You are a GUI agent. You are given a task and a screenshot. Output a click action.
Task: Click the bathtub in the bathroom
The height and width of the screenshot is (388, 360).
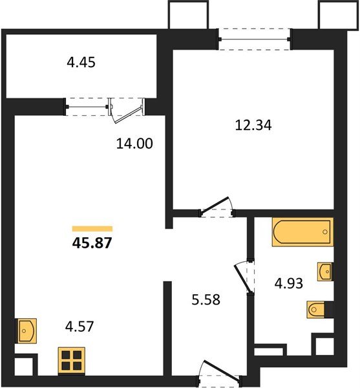click(x=302, y=233)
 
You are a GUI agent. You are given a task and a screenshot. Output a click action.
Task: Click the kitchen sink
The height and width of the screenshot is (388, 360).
click(x=26, y=330)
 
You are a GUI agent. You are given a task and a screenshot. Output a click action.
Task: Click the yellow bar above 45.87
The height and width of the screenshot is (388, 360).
click(x=92, y=228)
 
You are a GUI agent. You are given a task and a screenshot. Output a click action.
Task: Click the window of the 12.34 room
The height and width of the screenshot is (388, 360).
click(x=255, y=39)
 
